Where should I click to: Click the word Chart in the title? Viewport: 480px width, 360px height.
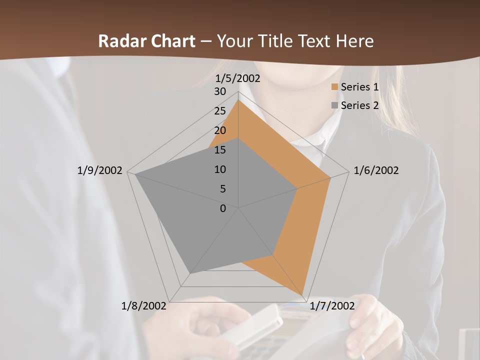173,41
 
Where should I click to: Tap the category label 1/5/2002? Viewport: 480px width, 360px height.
237,78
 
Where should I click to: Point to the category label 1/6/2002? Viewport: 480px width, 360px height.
376,170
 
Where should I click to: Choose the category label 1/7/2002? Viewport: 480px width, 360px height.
332,306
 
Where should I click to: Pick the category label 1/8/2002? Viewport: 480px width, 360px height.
144,306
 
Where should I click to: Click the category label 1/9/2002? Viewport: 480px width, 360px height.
99,170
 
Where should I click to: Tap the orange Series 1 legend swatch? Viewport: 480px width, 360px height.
334,87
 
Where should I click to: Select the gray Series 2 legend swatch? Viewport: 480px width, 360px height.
334,105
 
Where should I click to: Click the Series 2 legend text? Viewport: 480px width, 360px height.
359,105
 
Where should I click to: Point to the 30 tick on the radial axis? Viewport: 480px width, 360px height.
220,91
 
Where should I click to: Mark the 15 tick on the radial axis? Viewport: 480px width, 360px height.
220,150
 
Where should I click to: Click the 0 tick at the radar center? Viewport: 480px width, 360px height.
223,208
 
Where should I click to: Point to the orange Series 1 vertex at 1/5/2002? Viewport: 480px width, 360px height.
238,100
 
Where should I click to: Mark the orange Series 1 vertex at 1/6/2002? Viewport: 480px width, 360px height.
330,177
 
